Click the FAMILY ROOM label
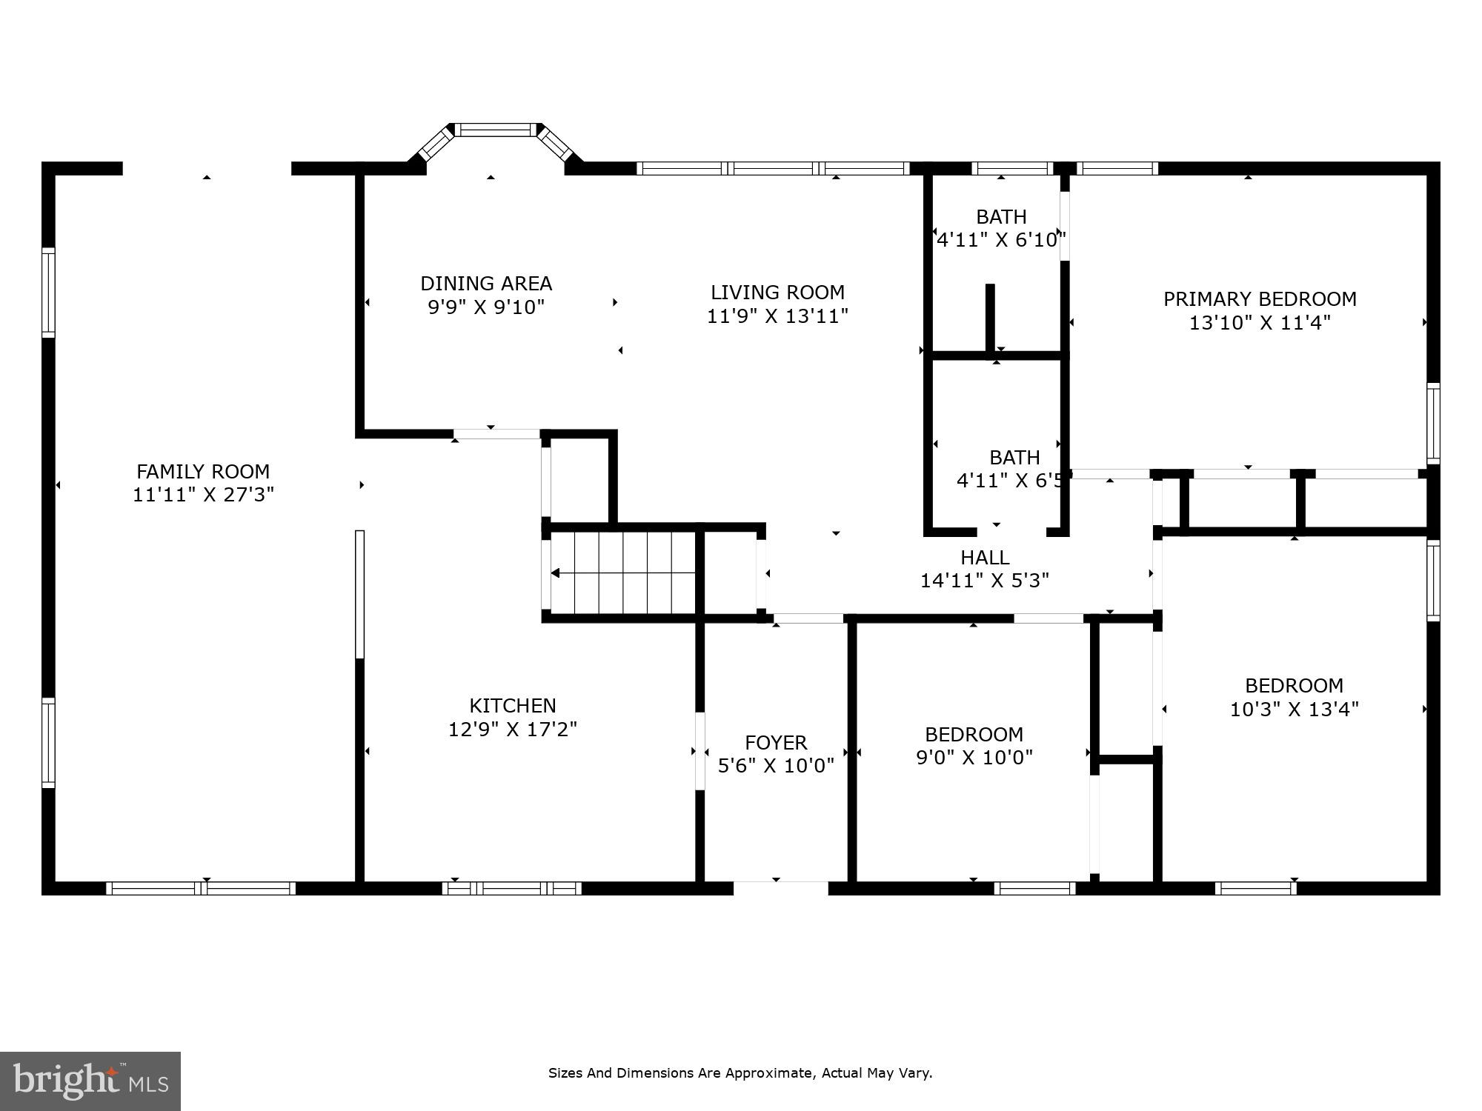(x=203, y=471)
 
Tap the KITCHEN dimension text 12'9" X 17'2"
(x=513, y=730)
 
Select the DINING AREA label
(x=486, y=284)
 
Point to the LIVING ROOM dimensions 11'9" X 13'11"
(x=777, y=316)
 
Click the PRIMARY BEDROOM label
(x=1260, y=299)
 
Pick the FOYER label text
(x=776, y=742)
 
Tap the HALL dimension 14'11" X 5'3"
(x=985, y=581)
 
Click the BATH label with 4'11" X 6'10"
(x=1001, y=217)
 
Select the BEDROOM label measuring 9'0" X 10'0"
(x=974, y=734)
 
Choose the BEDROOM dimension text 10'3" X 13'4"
(x=1294, y=710)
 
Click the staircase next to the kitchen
(x=622, y=573)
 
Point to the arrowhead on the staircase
(x=555, y=573)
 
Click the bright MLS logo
(x=90, y=1081)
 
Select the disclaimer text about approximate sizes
(x=740, y=1072)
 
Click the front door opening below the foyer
(x=780, y=887)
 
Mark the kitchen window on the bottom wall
(x=512, y=888)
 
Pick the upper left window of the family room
(x=48, y=292)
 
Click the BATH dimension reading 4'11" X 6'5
(x=1010, y=481)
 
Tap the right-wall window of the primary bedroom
(x=1433, y=424)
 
